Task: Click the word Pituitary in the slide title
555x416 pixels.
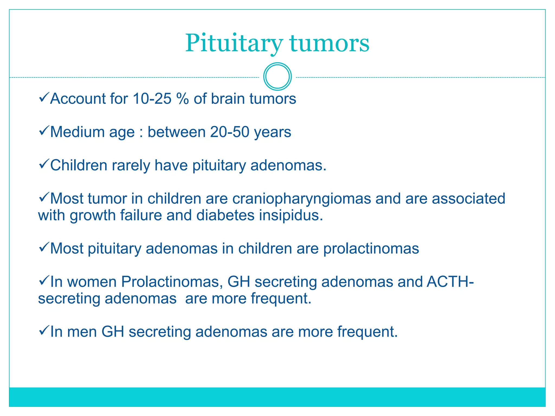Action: pyautogui.click(x=234, y=43)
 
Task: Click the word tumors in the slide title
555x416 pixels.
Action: pyautogui.click(x=329, y=43)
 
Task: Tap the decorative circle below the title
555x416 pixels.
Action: pyautogui.click(x=277, y=77)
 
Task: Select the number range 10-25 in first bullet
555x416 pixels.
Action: pyautogui.click(x=152, y=99)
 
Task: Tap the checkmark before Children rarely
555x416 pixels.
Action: pyautogui.click(x=43, y=164)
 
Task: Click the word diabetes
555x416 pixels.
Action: pyautogui.click(x=225, y=216)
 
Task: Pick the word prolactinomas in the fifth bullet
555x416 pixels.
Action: pyautogui.click(x=371, y=249)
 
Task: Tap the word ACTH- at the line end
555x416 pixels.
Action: pyautogui.click(x=450, y=282)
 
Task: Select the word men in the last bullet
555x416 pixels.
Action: pyautogui.click(x=82, y=332)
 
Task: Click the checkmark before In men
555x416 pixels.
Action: pyautogui.click(x=43, y=330)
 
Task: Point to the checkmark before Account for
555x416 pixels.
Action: pyautogui.click(x=43, y=97)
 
